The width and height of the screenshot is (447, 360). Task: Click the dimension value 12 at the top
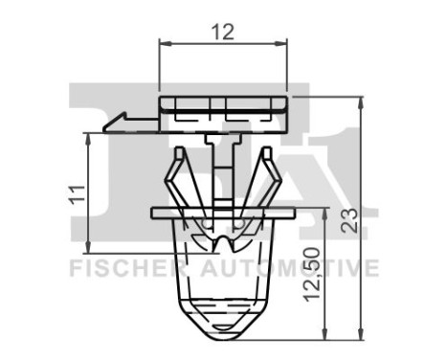(x=222, y=31)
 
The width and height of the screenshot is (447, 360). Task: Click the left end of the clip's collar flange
(x=155, y=210)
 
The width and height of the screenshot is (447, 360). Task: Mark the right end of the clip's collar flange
(x=288, y=210)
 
